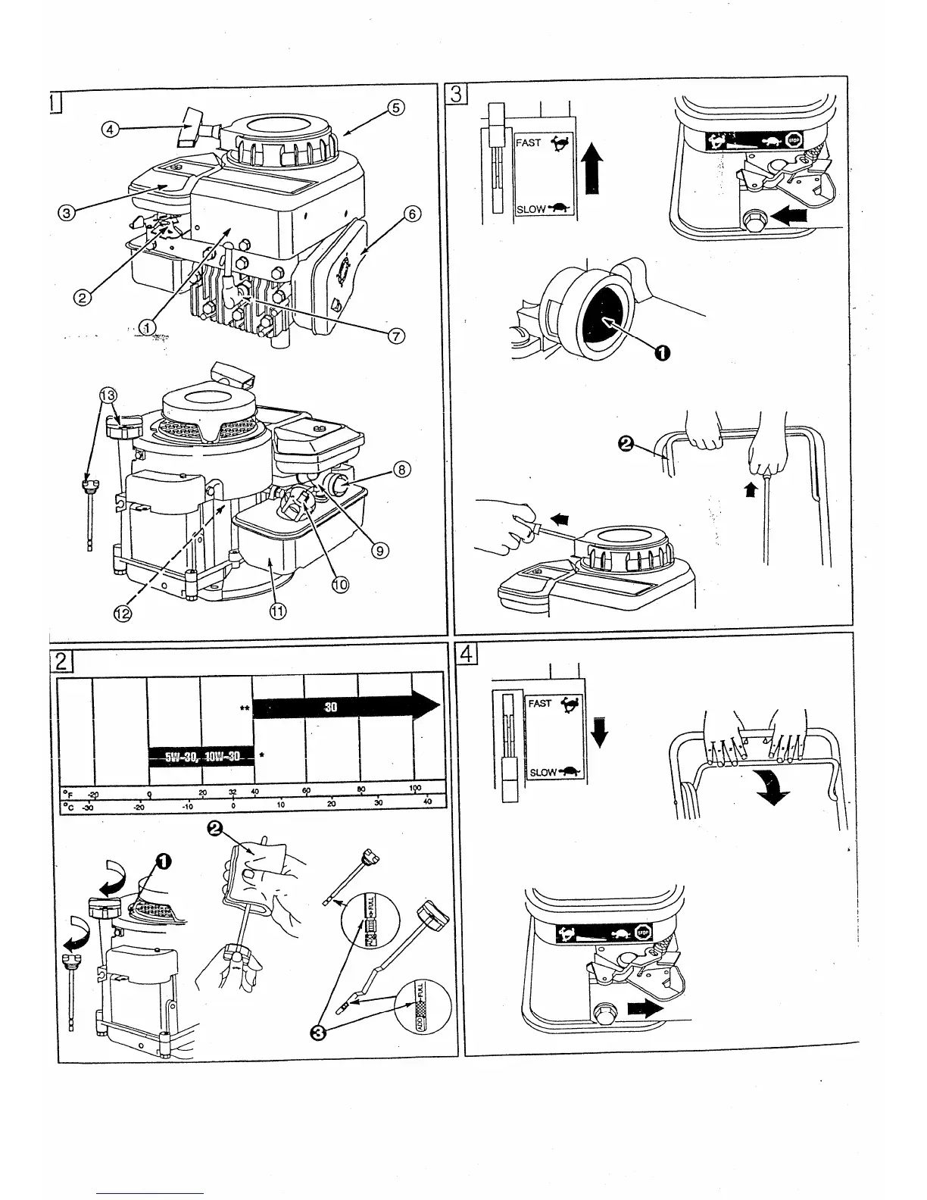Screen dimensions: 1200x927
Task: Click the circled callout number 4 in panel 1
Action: [x=111, y=130]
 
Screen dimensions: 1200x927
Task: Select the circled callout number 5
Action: [x=396, y=108]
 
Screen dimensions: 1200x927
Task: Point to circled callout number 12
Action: [x=122, y=614]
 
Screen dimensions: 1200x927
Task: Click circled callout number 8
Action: [x=401, y=470]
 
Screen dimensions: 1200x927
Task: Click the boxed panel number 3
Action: [x=457, y=93]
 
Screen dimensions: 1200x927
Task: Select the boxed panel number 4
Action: [x=467, y=653]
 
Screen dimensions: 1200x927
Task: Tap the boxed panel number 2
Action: [x=64, y=661]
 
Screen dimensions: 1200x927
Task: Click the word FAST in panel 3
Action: [x=529, y=142]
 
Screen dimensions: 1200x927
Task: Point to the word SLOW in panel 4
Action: [x=543, y=773]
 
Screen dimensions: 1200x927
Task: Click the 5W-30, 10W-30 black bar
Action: [x=201, y=756]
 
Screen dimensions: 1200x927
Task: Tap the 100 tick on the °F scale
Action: [x=415, y=789]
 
